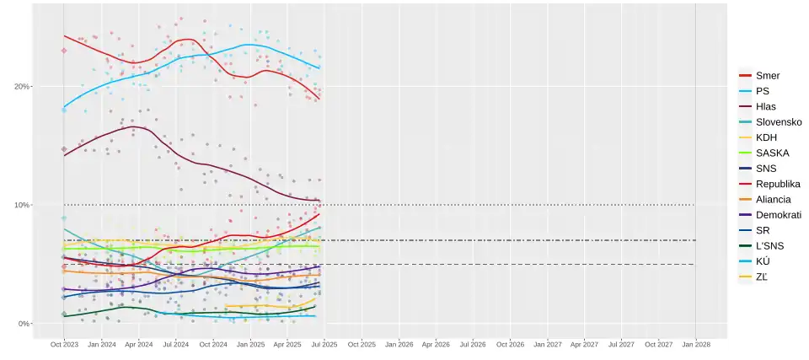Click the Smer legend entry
pos(768,76)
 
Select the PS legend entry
pos(763,91)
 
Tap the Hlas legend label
pos(766,107)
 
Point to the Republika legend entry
pos(778,184)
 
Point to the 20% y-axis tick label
pos(22,86)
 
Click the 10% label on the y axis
pos(22,205)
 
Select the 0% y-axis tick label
pos(24,324)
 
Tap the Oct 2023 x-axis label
pos(64,344)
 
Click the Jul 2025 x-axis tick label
pos(324,344)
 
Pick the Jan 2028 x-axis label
pos(695,344)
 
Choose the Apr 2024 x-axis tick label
pos(138,344)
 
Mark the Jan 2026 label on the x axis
pos(399,344)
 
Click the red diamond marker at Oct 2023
pos(64,51)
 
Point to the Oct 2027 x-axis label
pos(658,344)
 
